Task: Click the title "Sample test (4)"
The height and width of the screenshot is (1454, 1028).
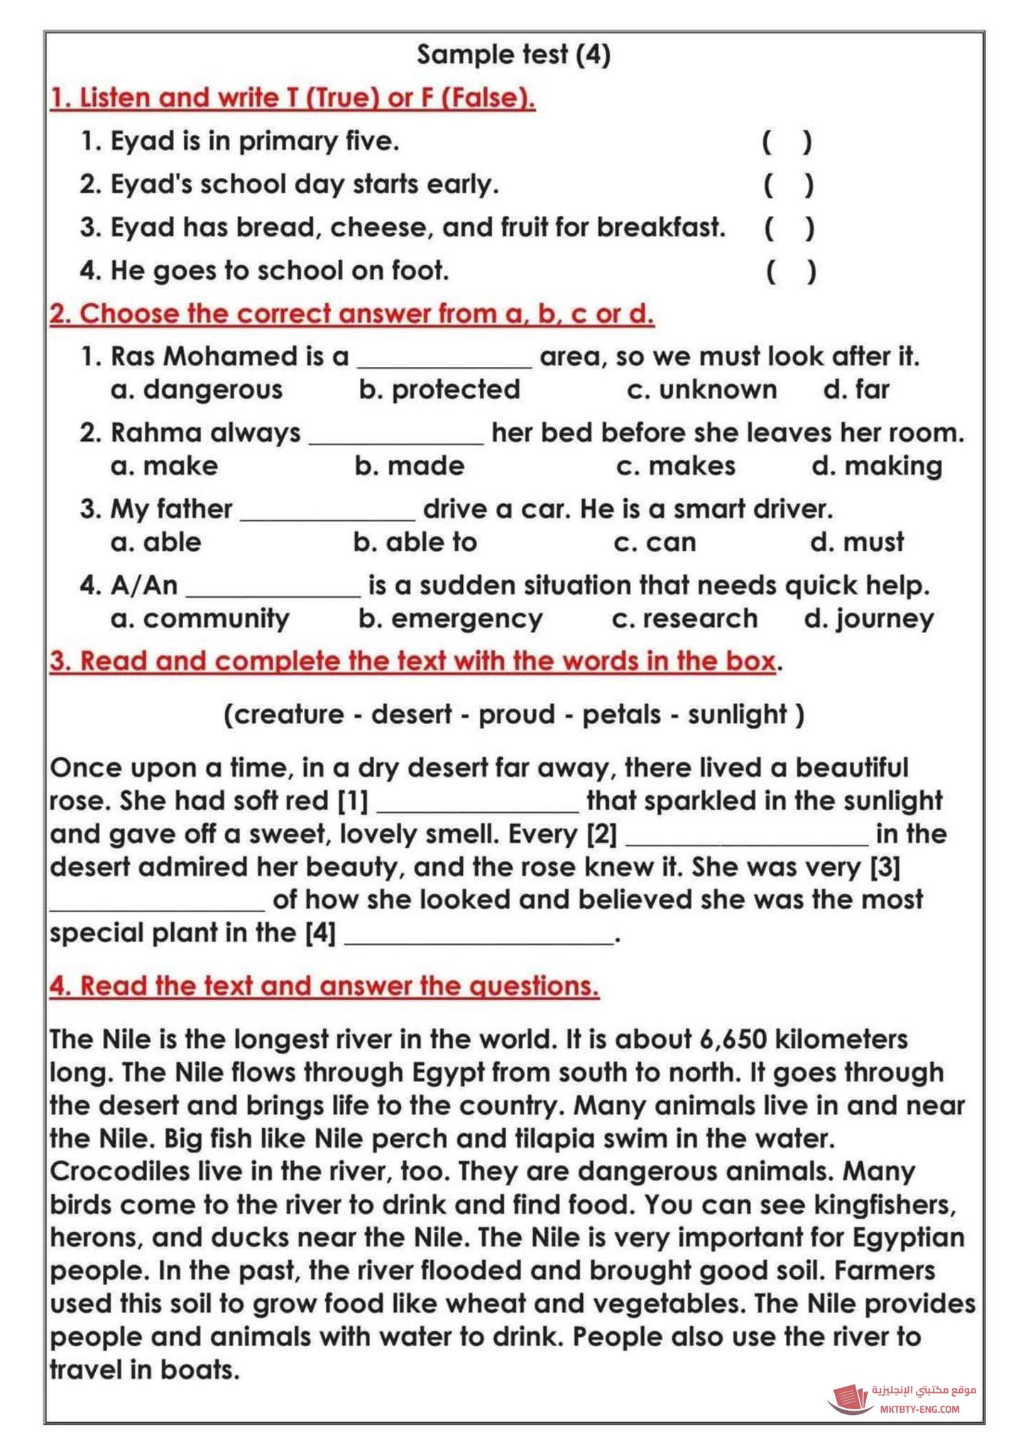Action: [x=513, y=55]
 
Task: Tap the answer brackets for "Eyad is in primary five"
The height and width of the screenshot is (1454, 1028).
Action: [x=787, y=142]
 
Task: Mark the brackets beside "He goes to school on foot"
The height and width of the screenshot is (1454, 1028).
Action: [x=791, y=271]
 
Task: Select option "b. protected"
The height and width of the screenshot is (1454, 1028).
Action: [x=439, y=390]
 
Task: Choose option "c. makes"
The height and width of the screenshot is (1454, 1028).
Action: [x=675, y=466]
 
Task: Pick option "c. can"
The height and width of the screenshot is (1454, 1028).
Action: [x=655, y=542]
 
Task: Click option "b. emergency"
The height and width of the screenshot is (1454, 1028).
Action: [x=450, y=619]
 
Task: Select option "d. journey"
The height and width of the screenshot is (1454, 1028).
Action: [x=868, y=619]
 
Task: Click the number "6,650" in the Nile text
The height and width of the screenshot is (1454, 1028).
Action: [x=733, y=1039]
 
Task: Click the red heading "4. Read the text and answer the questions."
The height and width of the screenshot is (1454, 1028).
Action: [x=324, y=986]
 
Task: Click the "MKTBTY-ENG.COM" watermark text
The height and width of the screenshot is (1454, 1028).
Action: [x=919, y=1409]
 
